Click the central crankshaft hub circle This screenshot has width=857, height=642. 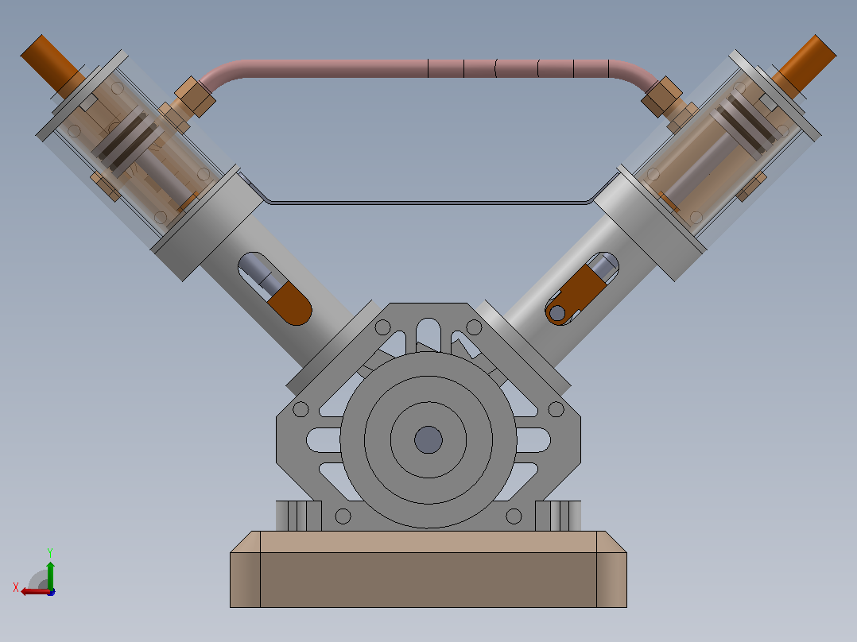(x=428, y=440)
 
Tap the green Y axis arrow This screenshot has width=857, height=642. (x=50, y=574)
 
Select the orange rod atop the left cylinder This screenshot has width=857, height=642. (x=52, y=64)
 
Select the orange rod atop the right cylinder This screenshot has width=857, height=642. (x=805, y=64)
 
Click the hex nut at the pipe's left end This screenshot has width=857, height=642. (x=194, y=97)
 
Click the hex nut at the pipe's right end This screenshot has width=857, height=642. (x=661, y=97)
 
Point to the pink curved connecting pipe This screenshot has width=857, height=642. (x=428, y=68)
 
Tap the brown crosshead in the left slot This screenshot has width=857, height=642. (x=289, y=305)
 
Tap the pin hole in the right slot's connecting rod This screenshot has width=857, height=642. (x=557, y=313)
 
